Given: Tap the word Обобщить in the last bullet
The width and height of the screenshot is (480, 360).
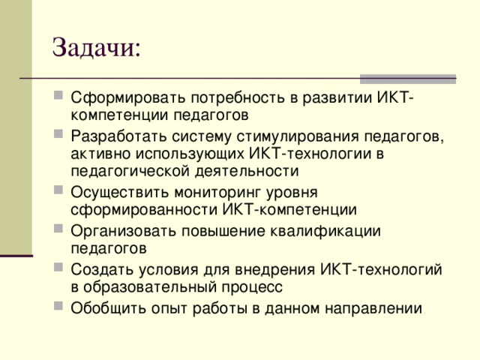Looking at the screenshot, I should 103,307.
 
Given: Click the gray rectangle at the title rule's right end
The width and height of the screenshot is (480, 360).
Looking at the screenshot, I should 408,78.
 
